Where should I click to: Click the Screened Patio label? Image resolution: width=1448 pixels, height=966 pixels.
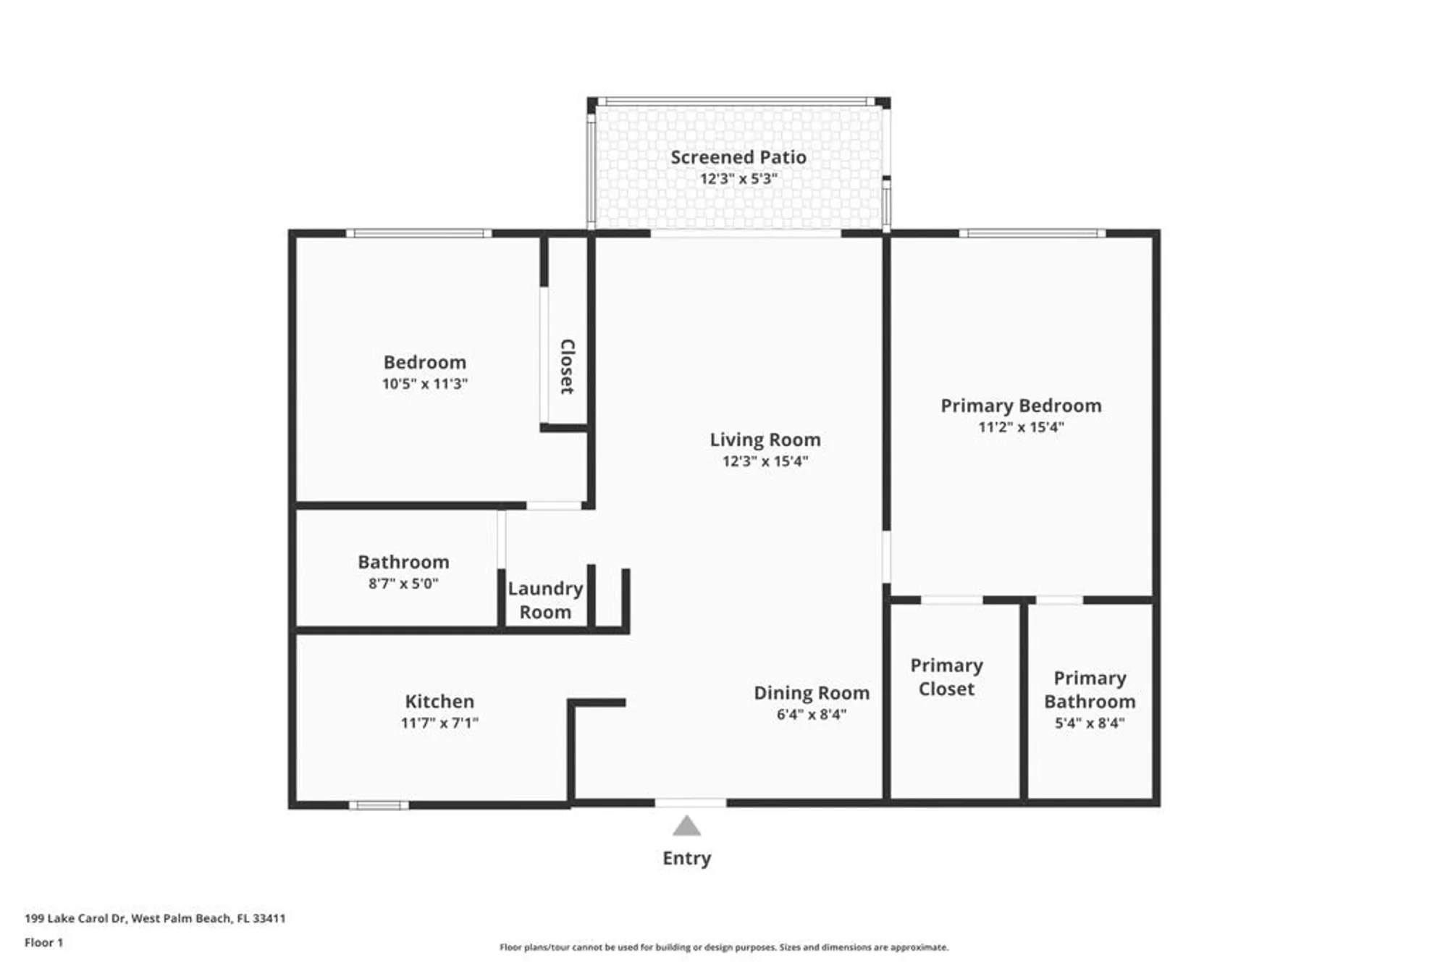click(x=738, y=157)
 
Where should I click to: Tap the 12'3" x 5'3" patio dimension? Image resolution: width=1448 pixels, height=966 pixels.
click(x=738, y=179)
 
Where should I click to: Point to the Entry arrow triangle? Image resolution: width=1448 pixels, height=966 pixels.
click(x=686, y=826)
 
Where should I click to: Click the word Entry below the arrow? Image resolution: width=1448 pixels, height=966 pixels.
click(x=686, y=858)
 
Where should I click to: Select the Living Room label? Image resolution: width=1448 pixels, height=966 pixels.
click(x=765, y=440)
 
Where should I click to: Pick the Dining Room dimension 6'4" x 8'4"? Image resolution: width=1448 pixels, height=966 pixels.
click(x=811, y=715)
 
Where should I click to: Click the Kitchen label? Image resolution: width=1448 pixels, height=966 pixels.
click(x=439, y=701)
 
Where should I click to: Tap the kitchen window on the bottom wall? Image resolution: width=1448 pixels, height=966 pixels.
click(x=379, y=805)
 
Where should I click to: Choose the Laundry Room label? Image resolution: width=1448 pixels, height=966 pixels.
click(x=545, y=600)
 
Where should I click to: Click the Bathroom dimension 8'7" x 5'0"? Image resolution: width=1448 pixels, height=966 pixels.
click(x=403, y=584)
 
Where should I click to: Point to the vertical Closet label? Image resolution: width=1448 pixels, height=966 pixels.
click(x=567, y=366)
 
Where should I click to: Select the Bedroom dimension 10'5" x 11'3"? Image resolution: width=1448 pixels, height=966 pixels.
click(x=425, y=384)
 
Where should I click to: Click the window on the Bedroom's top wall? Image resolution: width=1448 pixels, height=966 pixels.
click(x=418, y=233)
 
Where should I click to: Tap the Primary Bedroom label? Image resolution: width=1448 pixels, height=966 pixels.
click(x=1021, y=406)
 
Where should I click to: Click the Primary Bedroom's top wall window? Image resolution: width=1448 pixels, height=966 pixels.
click(x=1032, y=233)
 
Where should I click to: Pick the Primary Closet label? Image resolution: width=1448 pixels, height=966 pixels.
click(x=946, y=677)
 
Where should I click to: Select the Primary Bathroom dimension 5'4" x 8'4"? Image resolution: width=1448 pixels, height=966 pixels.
click(x=1089, y=723)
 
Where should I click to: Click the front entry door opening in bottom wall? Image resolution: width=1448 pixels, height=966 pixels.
click(x=690, y=802)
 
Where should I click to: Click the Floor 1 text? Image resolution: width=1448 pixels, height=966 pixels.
click(x=43, y=942)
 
